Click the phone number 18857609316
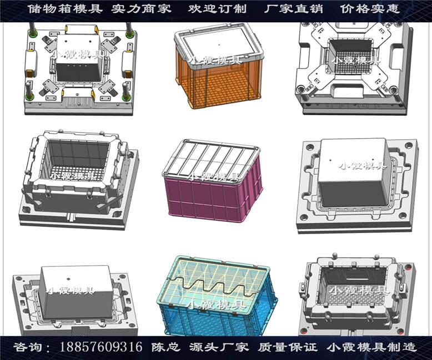[101, 347]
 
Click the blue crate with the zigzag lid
[217, 296]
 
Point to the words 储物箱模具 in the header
[65, 9]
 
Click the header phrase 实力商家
[142, 9]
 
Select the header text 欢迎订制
[217, 9]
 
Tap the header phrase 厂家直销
[293, 9]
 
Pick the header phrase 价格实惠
[370, 9]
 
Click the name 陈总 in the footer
[166, 347]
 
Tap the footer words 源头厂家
[219, 347]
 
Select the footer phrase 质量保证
[288, 347]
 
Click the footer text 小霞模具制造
[371, 347]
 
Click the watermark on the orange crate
[214, 60]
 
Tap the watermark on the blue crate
[217, 305]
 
